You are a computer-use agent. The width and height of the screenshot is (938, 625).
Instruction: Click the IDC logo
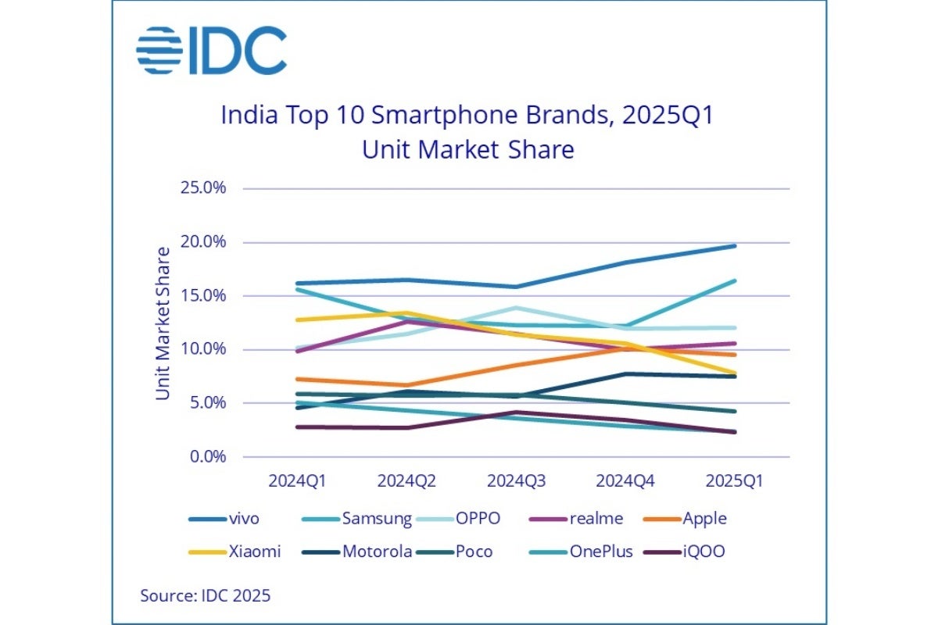tap(211, 51)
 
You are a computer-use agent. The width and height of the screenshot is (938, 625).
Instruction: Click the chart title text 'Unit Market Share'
tap(467, 148)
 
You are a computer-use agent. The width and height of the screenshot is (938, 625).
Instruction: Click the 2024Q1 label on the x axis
tap(297, 482)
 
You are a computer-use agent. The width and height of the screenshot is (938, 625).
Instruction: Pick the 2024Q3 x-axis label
tap(516, 482)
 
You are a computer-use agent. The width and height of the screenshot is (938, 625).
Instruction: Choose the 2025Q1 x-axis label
tap(734, 482)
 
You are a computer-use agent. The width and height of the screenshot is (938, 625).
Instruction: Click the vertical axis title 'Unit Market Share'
tap(163, 323)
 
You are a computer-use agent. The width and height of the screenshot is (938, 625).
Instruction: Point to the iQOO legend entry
tap(685, 552)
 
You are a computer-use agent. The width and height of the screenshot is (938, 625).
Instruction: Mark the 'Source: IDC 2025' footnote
tap(206, 595)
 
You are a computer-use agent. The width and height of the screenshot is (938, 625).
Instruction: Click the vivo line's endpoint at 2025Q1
tap(735, 246)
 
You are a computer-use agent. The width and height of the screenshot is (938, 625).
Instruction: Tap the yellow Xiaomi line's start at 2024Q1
tap(297, 320)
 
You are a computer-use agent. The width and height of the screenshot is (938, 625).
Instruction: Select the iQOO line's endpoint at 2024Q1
tap(297, 427)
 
